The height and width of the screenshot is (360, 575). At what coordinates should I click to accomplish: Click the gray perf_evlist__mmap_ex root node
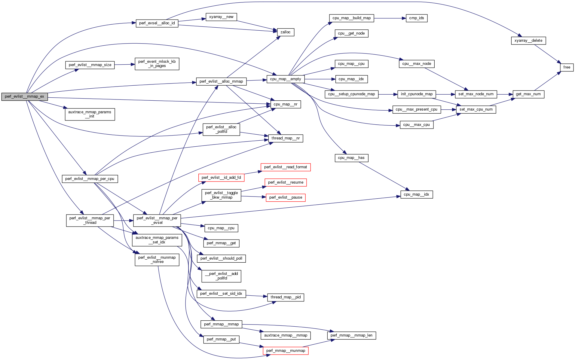(24, 96)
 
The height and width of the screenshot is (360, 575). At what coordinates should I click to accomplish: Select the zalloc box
(285, 32)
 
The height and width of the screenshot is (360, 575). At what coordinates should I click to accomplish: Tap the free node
(567, 67)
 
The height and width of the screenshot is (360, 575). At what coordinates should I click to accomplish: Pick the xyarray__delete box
(528, 41)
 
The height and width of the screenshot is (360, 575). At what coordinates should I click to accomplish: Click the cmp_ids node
(416, 18)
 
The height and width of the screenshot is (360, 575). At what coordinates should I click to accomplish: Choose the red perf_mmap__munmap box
(285, 351)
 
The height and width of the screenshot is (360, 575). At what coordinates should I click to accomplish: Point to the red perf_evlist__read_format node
(285, 167)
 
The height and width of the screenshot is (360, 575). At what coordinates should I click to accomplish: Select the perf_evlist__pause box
(286, 197)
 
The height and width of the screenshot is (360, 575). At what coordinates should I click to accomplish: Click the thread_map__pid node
(285, 297)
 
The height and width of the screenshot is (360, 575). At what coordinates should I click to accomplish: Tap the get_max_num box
(528, 94)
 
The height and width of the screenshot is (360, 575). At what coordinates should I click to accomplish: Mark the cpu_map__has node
(351, 158)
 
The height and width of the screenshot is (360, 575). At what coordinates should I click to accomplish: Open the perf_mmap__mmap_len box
(351, 335)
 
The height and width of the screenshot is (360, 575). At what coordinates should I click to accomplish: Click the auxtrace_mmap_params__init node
(90, 114)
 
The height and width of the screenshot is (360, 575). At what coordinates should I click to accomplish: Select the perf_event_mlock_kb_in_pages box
(157, 64)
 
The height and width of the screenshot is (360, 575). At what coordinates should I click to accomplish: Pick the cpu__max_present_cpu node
(416, 109)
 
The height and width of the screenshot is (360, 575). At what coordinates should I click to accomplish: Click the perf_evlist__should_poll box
(221, 258)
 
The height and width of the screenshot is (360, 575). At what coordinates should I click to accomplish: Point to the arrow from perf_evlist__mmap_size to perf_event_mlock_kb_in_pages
(124, 64)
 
